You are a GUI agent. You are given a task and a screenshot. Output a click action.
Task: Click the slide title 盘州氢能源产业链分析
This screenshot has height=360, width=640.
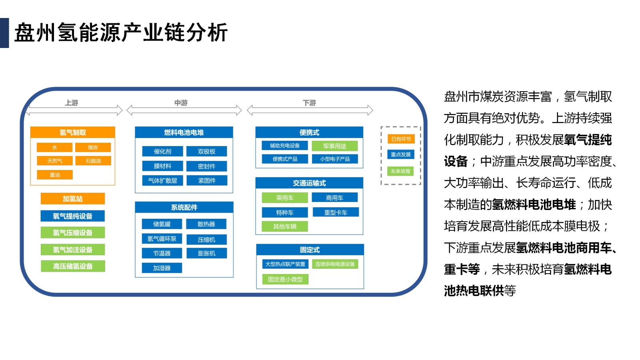pos(121,33)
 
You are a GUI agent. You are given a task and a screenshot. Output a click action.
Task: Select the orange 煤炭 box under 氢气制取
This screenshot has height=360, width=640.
pos(93,148)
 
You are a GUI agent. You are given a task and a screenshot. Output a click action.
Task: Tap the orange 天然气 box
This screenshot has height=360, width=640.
pos(54,161)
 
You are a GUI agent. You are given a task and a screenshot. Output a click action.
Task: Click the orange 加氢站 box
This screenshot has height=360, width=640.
pos(73,199)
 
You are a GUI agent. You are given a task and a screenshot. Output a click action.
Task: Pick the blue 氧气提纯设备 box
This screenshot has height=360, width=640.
pos(73,216)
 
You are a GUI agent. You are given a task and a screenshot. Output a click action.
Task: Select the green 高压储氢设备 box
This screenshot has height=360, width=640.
pos(73,266)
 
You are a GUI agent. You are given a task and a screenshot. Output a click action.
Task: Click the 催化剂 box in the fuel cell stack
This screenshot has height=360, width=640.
pos(162,152)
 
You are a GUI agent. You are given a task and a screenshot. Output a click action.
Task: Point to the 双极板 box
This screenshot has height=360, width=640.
pos(206,152)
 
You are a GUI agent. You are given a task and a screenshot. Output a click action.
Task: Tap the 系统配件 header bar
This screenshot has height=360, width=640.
pos(184,207)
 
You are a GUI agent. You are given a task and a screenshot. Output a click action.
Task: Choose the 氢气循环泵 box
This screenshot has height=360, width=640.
pos(162,239)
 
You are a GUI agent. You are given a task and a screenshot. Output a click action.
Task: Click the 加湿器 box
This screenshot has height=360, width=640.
pos(162,268)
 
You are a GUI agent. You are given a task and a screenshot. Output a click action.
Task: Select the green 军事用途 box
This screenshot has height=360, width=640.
pos(335,146)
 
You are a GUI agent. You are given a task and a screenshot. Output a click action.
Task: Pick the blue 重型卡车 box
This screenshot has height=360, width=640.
pos(336,212)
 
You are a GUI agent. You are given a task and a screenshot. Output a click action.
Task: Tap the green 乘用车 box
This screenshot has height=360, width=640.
pos(285,198)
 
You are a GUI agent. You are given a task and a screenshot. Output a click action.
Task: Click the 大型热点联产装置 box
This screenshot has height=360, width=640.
pos(285,264)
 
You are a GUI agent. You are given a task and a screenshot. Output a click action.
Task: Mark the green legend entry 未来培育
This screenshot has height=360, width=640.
pos(400,171)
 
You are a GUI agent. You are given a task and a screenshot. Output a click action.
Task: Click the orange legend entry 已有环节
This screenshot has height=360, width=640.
pos(401,139)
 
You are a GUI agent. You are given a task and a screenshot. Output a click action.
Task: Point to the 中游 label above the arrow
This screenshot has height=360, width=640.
pos(181,103)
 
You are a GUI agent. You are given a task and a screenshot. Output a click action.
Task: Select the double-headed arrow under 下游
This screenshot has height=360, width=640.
pos(310,110)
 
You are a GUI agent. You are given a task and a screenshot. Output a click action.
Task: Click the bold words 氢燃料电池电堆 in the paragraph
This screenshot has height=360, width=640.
pos(534,205)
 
